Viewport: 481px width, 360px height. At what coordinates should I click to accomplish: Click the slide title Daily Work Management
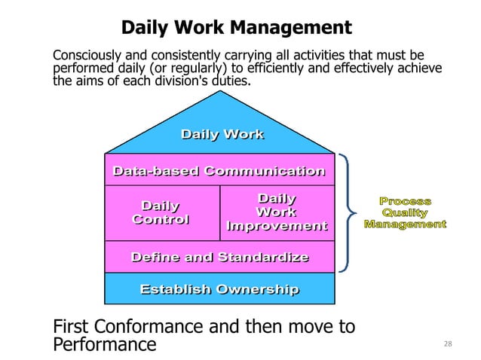236,28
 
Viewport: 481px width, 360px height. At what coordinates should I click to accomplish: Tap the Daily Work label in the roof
222,135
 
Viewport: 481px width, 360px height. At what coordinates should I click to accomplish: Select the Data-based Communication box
219,171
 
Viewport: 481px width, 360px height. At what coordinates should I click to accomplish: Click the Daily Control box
161,212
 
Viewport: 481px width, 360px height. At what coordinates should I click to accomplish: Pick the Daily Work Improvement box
277,212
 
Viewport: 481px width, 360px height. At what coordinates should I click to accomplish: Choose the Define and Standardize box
219,258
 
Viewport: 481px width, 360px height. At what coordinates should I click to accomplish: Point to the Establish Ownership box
219,289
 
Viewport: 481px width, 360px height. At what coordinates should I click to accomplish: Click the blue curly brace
348,212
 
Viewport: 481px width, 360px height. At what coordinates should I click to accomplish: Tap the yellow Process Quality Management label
405,212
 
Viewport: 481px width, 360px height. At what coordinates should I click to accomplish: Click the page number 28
448,344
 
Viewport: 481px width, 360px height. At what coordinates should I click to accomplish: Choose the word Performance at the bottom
105,346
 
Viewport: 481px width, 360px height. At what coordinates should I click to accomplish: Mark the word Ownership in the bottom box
257,289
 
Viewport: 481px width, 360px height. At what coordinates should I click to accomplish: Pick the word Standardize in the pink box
263,258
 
